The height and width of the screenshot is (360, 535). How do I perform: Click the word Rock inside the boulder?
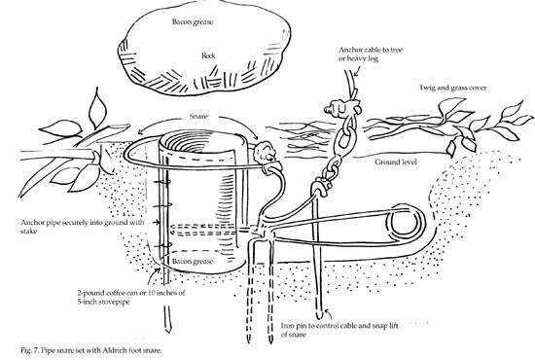pyautogui.click(x=208, y=55)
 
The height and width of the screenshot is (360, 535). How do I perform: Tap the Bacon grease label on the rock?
pyautogui.click(x=193, y=21)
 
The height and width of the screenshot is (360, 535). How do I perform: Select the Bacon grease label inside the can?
pyautogui.click(x=193, y=262)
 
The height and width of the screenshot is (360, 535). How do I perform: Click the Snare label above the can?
pyautogui.click(x=198, y=116)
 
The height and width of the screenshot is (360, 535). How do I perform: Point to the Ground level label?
pyautogui.click(x=396, y=162)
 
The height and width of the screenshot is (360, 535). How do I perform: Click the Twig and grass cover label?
pyautogui.click(x=452, y=88)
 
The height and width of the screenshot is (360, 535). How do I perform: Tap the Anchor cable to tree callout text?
pyautogui.click(x=371, y=54)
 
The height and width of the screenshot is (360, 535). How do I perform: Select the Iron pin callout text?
pyautogui.click(x=339, y=330)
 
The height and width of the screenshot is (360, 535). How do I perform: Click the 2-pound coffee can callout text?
pyautogui.click(x=131, y=297)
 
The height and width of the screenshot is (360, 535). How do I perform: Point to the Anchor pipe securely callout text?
pyautogui.click(x=83, y=227)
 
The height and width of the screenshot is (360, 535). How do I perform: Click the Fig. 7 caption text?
pyautogui.click(x=91, y=350)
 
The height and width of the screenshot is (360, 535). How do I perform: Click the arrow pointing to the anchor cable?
pyautogui.click(x=358, y=69)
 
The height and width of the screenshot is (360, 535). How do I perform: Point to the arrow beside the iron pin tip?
pyautogui.click(x=328, y=314)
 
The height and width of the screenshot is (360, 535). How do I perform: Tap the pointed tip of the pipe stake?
pyautogui.click(x=167, y=330)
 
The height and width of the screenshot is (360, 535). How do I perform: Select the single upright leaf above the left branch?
pyautogui.click(x=97, y=108)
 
